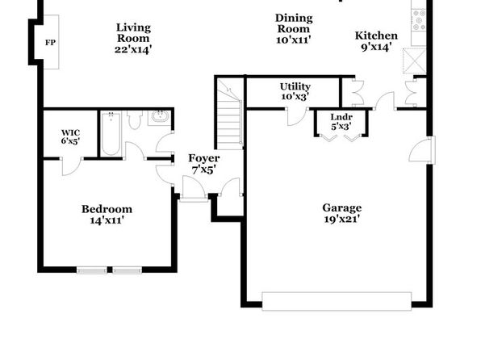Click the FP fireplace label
(x=51, y=42)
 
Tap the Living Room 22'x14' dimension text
(x=133, y=49)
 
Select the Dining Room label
(x=294, y=23)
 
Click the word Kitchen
(x=376, y=36)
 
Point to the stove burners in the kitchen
(x=418, y=19)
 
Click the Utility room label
(x=295, y=86)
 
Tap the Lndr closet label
(x=341, y=117)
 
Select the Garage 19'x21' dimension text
(x=341, y=219)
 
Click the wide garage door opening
(x=337, y=301)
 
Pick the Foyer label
(x=204, y=158)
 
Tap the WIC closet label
(x=70, y=133)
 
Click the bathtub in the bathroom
(x=111, y=134)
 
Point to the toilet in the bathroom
(x=134, y=120)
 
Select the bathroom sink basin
(x=160, y=116)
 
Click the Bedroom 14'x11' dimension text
(x=107, y=220)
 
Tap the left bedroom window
(x=92, y=270)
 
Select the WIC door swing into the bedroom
(x=73, y=166)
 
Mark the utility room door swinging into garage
(x=297, y=116)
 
